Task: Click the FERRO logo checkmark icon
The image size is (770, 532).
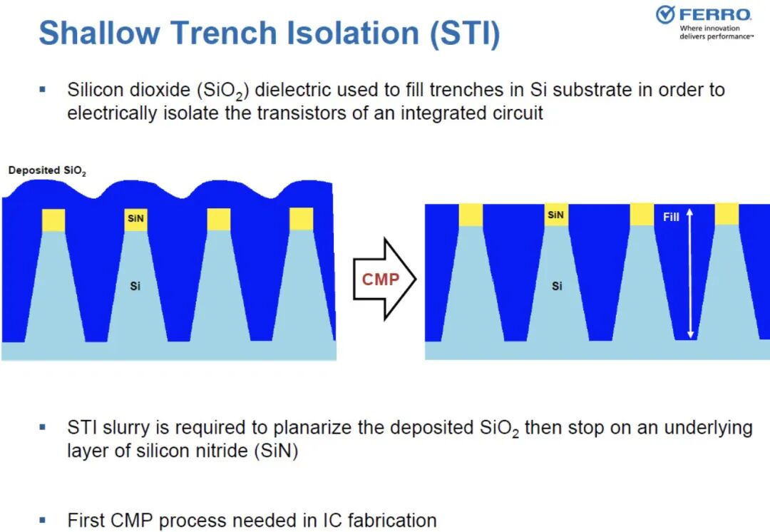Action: (665, 14)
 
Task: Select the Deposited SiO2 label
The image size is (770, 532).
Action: (47, 171)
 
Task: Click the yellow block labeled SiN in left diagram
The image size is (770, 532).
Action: (135, 219)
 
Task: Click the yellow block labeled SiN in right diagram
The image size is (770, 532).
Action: (555, 215)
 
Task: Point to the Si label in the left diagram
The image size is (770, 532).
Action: (135, 286)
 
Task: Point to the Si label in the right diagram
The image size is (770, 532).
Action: (556, 286)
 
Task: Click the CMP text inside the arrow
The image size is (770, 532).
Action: (381, 280)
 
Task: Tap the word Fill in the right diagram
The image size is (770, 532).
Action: (671, 217)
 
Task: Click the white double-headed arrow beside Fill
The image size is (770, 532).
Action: (690, 273)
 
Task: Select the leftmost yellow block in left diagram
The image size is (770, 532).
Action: (53, 220)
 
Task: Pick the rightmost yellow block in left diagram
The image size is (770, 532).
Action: (302, 219)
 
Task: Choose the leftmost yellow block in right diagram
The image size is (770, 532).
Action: (471, 215)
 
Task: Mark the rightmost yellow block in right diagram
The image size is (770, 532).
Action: (727, 215)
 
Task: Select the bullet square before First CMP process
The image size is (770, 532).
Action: (43, 519)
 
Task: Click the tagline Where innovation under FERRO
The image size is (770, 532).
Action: (709, 29)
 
